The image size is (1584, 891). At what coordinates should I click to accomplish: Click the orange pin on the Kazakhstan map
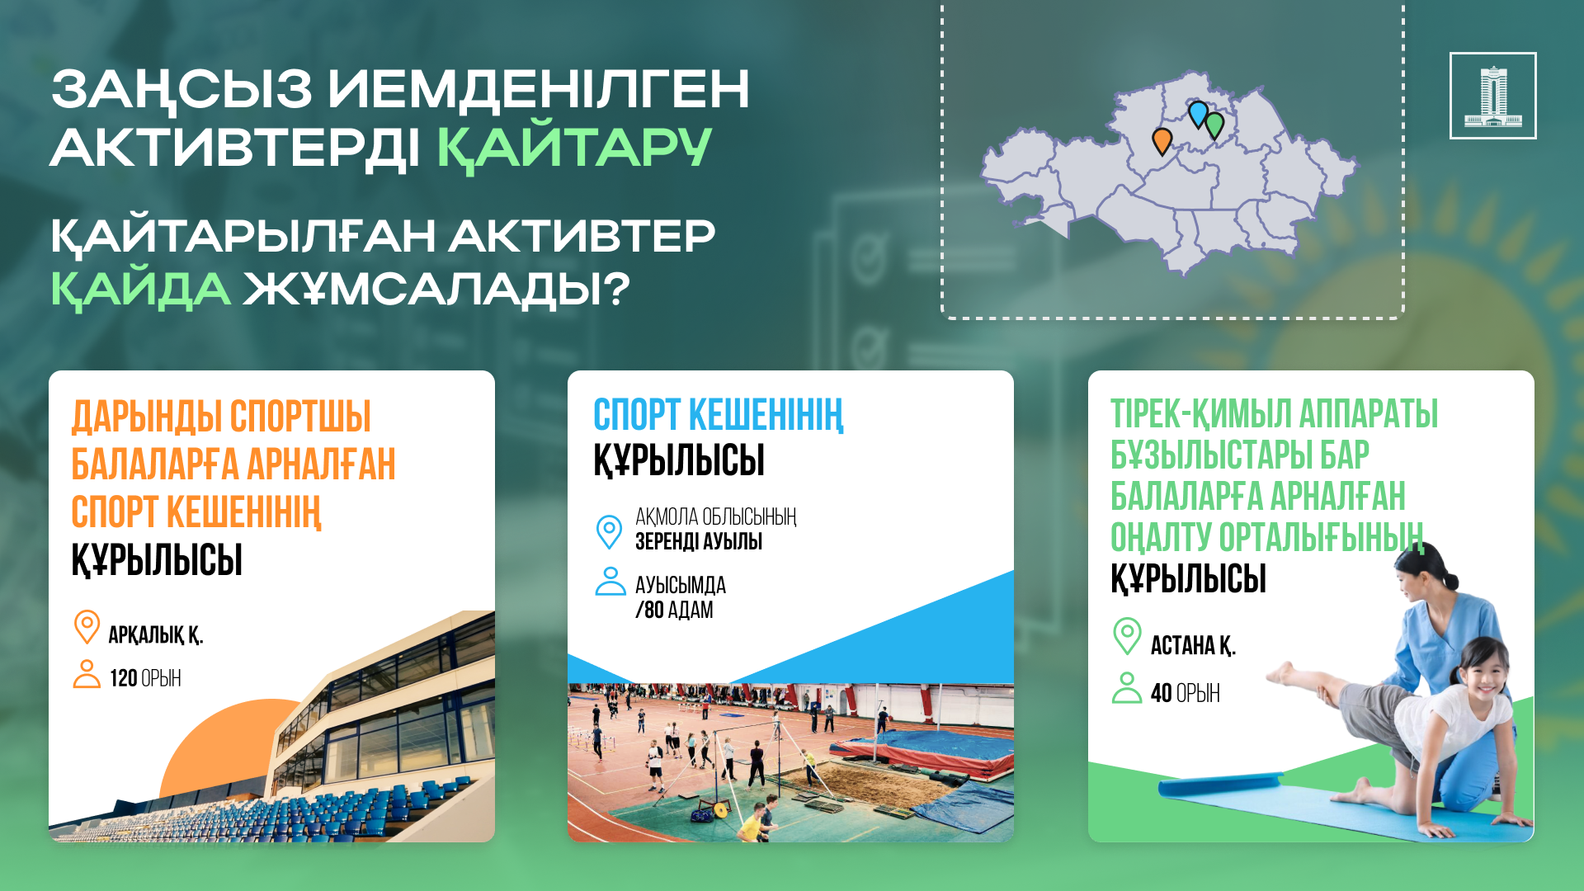pos(1162,141)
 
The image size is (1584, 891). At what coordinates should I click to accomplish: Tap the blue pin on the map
pos(1198,113)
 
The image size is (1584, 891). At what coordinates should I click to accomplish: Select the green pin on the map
pos(1214,125)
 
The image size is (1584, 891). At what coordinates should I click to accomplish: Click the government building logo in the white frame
pos(1492,96)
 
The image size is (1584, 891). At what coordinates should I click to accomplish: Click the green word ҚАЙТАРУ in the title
pos(574,148)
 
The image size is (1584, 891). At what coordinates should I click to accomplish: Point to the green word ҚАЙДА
pos(140,290)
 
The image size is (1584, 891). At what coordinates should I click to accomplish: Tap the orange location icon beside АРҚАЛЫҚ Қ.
pos(87,627)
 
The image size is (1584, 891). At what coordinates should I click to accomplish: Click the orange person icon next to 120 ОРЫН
pos(87,673)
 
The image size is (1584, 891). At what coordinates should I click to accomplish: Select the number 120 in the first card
pos(123,678)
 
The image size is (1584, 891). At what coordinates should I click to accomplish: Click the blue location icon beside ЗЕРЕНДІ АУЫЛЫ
pos(609,531)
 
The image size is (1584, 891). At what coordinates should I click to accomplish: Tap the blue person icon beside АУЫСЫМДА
pos(610,581)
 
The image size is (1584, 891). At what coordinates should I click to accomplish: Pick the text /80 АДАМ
pos(674,610)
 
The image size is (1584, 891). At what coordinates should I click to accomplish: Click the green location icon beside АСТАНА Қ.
pos(1127,636)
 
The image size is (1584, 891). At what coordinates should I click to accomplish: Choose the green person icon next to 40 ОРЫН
pos(1127,688)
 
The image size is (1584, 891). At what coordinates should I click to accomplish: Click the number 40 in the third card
pos(1161,693)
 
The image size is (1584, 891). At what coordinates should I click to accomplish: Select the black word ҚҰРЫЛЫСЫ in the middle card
pos(679,460)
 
